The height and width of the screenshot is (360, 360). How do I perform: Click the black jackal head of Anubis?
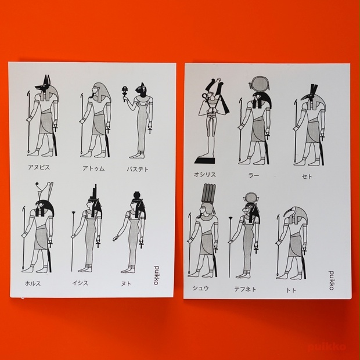[x=44, y=85]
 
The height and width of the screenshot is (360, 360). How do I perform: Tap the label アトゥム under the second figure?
[x=93, y=168]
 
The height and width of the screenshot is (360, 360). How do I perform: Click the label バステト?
[x=138, y=170]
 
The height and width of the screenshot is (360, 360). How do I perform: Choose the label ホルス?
[x=33, y=283]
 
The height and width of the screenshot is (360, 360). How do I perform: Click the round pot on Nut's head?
[x=137, y=195]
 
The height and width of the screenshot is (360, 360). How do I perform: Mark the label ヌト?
[x=126, y=284]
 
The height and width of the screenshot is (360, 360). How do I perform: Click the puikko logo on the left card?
[x=156, y=275]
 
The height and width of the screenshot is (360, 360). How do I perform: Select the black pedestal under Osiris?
[x=205, y=160]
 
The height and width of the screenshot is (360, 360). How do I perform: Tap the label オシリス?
[x=205, y=175]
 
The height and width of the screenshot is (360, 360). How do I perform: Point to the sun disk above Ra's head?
[x=260, y=84]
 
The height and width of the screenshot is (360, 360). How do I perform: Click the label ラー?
[x=254, y=175]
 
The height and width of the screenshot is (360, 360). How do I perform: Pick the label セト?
[x=307, y=177]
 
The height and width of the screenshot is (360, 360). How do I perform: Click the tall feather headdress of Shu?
[x=208, y=193]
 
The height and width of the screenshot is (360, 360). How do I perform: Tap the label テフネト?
[x=245, y=289]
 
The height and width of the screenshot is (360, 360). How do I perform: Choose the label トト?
[x=291, y=290]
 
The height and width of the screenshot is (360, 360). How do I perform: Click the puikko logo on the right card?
[x=332, y=280]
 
